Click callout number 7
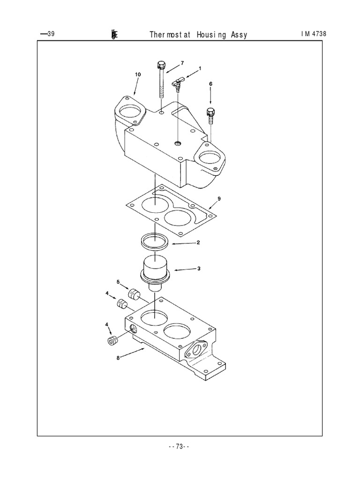[182, 63]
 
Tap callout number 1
[200, 68]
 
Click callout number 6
[210, 83]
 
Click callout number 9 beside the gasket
[219, 199]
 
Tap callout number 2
[198, 242]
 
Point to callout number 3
[199, 269]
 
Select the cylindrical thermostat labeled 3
[154, 271]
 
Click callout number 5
[119, 282]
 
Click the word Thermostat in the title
[170, 35]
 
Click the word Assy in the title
[239, 35]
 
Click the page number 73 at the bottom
[179, 447]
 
